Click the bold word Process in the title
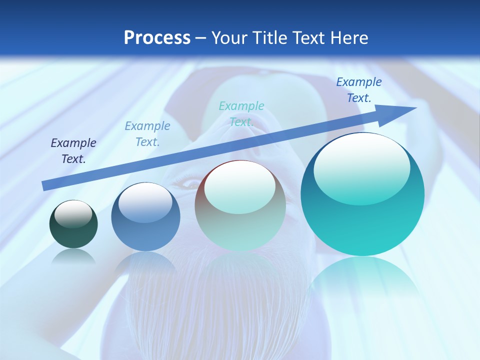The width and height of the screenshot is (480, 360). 157,38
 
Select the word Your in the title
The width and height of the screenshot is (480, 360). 229,38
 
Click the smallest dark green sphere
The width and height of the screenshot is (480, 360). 73,224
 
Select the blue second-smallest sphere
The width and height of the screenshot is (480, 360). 145,217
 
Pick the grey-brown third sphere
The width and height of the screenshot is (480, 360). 240,205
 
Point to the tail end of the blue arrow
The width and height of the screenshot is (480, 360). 44,186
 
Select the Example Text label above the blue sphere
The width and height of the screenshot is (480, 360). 147,134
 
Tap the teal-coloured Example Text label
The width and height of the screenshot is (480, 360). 241,113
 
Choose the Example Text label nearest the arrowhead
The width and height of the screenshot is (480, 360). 358,90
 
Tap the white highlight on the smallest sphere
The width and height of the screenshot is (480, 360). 73,213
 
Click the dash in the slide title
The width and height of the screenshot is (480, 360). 201,38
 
